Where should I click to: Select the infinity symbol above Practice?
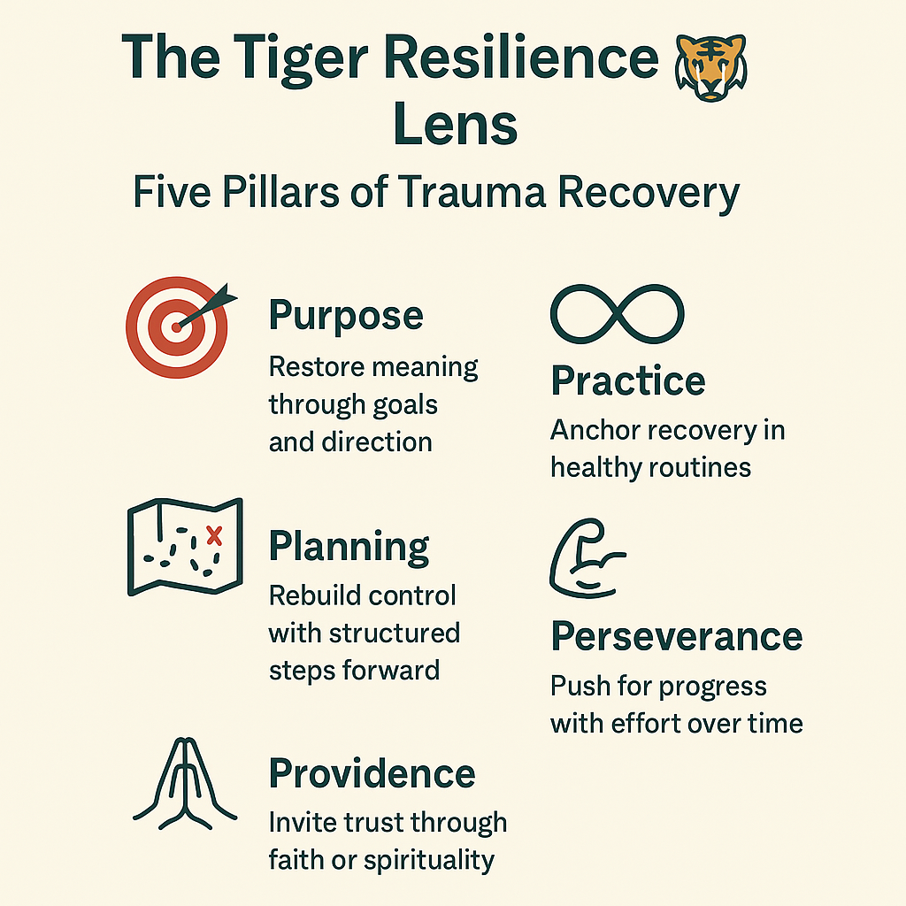618,314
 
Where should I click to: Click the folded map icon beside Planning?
185,547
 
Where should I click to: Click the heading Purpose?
346,316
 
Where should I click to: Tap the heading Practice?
628,381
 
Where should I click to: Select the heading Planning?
349,548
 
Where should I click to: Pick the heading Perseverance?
677,636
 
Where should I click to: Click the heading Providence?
372,773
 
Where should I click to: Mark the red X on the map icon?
213,534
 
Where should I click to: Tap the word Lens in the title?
455,125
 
